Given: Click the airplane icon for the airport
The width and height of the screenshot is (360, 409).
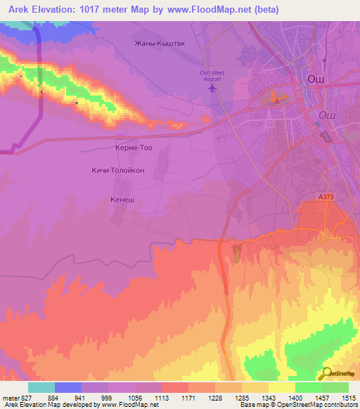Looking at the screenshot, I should click(214, 88).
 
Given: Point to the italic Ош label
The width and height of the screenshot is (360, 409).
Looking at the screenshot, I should click(327, 115).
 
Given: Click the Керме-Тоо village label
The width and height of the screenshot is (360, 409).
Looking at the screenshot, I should click(133, 148).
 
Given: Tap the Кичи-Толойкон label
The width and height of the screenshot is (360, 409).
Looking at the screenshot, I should click(118, 170).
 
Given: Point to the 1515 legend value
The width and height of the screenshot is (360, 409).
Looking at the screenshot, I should click(349, 398).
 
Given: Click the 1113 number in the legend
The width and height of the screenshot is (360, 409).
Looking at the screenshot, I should click(162, 398).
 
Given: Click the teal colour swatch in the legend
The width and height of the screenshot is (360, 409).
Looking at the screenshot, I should click(41, 387).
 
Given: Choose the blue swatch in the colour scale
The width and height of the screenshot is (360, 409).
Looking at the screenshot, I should click(68, 387).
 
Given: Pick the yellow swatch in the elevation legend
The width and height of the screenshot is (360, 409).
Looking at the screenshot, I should click(282, 387).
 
